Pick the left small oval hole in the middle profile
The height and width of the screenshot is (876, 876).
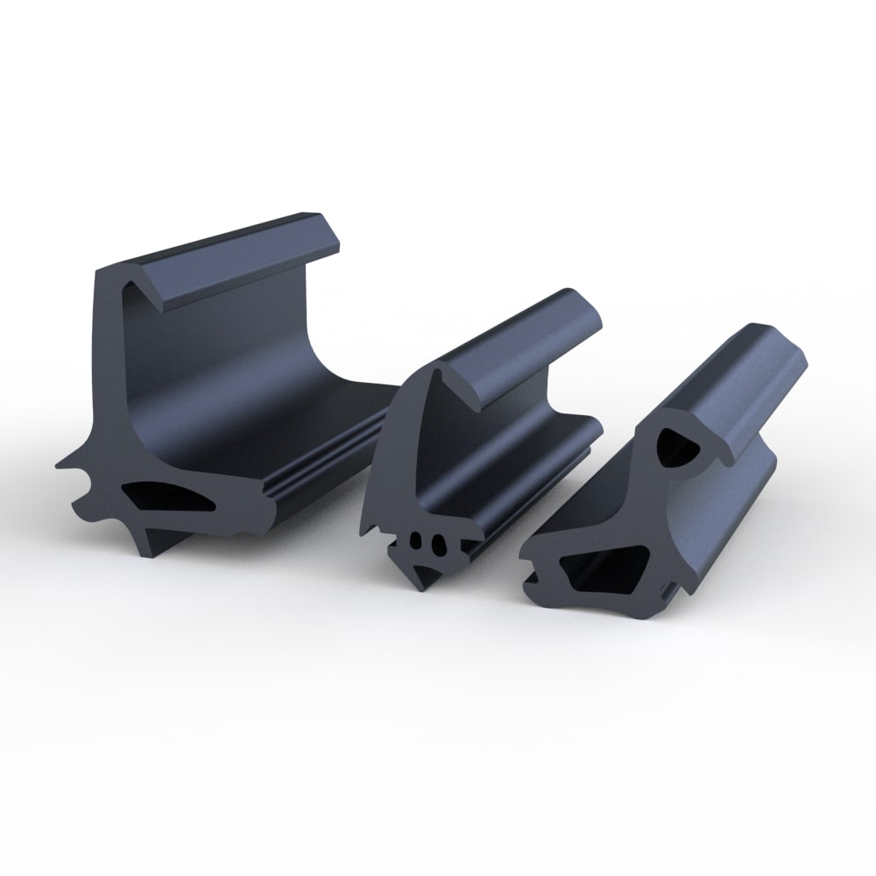[419, 542]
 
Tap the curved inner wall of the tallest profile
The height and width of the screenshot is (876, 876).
[219, 368]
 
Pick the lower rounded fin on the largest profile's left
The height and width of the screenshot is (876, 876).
[83, 508]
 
